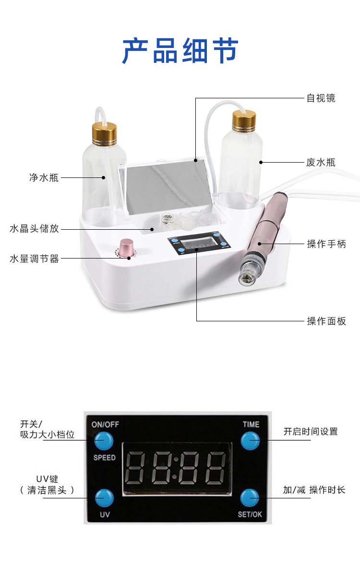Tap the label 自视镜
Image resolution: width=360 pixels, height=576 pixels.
click(x=321, y=98)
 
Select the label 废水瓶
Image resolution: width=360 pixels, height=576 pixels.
click(x=321, y=162)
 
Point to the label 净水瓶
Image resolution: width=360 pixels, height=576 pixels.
click(x=44, y=177)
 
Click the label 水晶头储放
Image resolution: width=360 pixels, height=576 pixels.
click(x=34, y=229)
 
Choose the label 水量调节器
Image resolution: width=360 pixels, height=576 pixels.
click(x=34, y=259)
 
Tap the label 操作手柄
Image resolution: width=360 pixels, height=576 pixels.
click(x=326, y=244)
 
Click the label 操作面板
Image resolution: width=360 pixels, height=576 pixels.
click(x=326, y=321)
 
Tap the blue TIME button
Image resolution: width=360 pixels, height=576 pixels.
click(x=250, y=440)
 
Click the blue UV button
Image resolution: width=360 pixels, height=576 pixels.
click(x=104, y=497)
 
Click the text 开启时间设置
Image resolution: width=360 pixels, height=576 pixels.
click(x=310, y=432)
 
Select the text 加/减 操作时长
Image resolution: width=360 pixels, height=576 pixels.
click(x=314, y=490)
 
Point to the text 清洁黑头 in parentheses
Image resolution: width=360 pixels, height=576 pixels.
click(x=48, y=490)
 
